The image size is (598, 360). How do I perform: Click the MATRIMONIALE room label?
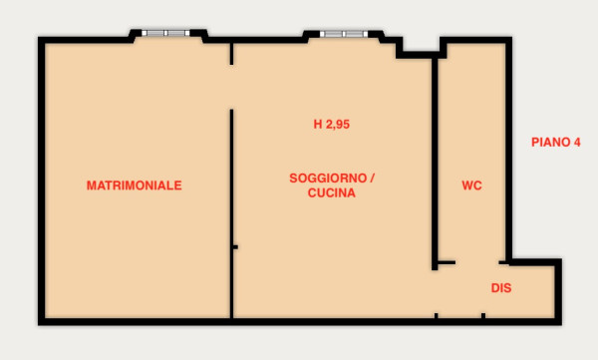pos(134,185)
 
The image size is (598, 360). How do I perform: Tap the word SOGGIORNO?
pos(328,179)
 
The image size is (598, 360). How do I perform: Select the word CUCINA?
pos(332,193)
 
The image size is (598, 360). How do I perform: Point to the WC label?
pos(471,185)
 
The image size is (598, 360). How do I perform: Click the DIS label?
pos(501,288)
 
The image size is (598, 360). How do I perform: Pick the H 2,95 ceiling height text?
pos(332,125)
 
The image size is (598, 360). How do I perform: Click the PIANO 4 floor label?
pos(556,143)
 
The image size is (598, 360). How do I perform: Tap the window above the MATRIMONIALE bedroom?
pos(165,33)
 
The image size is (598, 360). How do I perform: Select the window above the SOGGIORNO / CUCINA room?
pos(344,34)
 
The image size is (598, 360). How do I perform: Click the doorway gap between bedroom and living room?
pos(231,87)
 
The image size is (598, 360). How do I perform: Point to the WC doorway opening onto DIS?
pos(477,262)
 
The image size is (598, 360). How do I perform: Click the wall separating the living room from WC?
pos(435,165)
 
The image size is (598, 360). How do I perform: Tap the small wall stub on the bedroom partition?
pos(235,247)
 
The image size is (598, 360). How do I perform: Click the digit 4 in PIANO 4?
pos(577,143)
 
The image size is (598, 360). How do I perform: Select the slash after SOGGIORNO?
pos(372,179)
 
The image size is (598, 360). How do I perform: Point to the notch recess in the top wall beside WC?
pos(422,48)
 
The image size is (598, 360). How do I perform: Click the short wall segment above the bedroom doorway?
pos(231,54)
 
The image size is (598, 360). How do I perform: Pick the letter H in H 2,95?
pos(318,125)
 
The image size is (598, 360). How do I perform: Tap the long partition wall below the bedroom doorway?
pos(231,213)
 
